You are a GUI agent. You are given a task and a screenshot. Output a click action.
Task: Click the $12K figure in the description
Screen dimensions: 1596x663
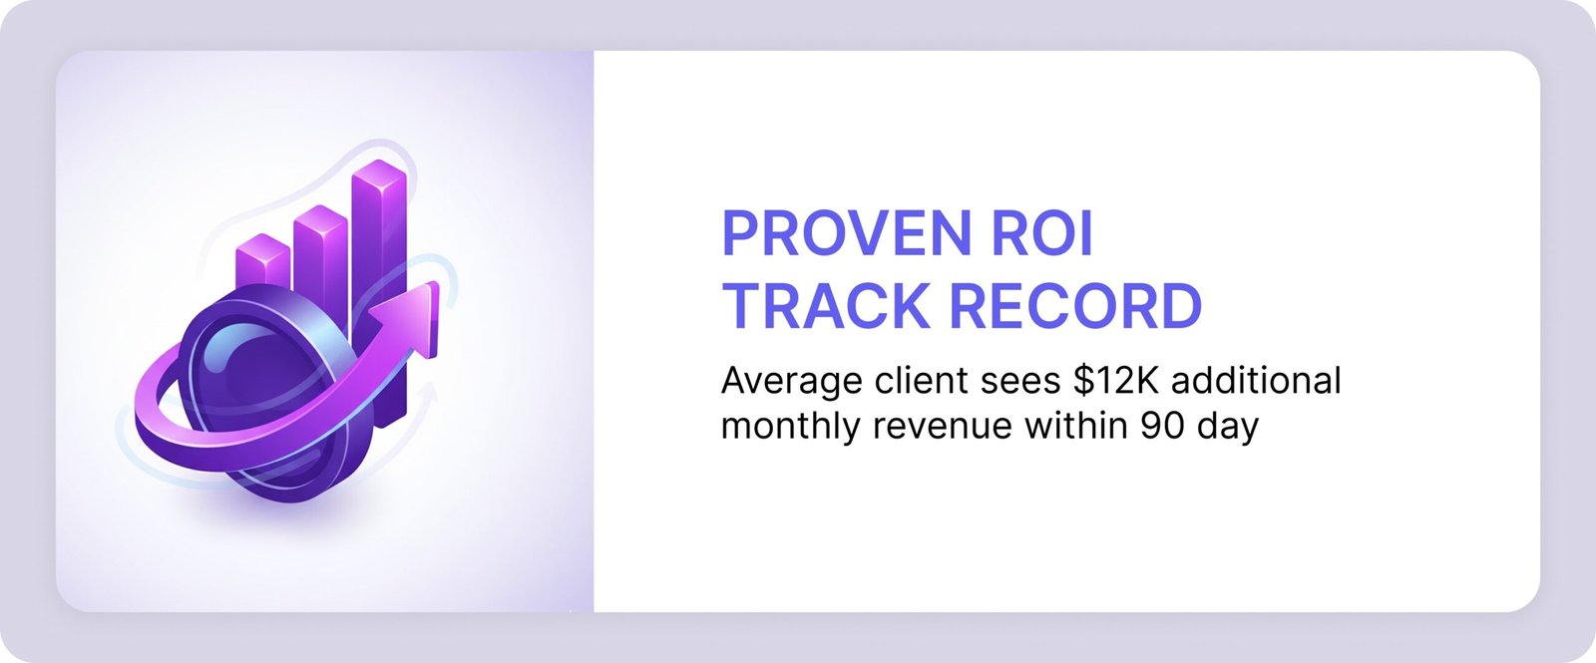[x=1116, y=380]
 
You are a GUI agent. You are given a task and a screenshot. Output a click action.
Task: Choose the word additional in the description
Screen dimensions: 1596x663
[x=1256, y=380]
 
